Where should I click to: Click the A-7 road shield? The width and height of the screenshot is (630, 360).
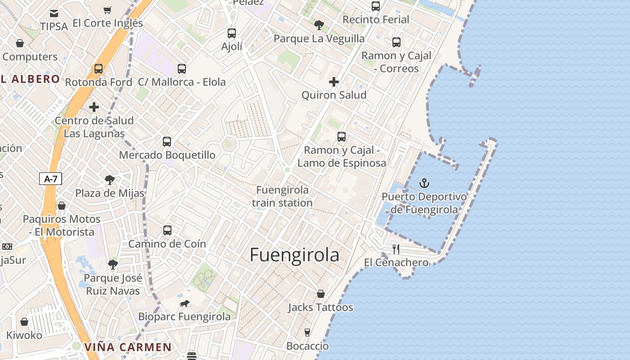pos(50,179)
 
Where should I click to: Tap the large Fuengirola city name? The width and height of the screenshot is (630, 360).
pos(294,255)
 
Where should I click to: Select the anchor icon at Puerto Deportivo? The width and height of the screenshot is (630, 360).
pos(424,183)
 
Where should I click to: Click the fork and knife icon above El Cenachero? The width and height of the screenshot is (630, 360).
pos(396,249)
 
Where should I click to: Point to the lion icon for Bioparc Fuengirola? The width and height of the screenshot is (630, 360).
pos(184,304)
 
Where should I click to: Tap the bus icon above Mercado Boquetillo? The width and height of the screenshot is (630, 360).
pos(167,142)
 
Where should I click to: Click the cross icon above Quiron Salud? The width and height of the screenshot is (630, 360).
pos(334,82)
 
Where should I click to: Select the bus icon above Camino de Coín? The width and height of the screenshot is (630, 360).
pos(167,230)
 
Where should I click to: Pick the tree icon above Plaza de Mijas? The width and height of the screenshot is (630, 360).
pos(109,180)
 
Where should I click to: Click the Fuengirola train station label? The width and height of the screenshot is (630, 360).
pos(282,196)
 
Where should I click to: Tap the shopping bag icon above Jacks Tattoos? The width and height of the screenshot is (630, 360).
pos(321,294)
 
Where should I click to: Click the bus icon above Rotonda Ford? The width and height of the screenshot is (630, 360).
pos(99,69)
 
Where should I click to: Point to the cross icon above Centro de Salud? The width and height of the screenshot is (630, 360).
pos(94,107)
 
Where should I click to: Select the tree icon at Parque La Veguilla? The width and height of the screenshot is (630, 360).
pos(319,25)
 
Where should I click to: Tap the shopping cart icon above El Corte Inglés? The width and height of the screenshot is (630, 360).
pos(108,10)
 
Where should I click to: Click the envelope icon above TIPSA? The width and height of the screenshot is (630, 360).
pos(54,13)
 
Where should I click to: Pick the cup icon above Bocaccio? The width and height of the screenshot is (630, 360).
pos(307,333)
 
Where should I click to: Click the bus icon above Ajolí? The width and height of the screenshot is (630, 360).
pos(232,33)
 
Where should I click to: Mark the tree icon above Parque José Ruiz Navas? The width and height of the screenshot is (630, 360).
pos(113,264)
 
